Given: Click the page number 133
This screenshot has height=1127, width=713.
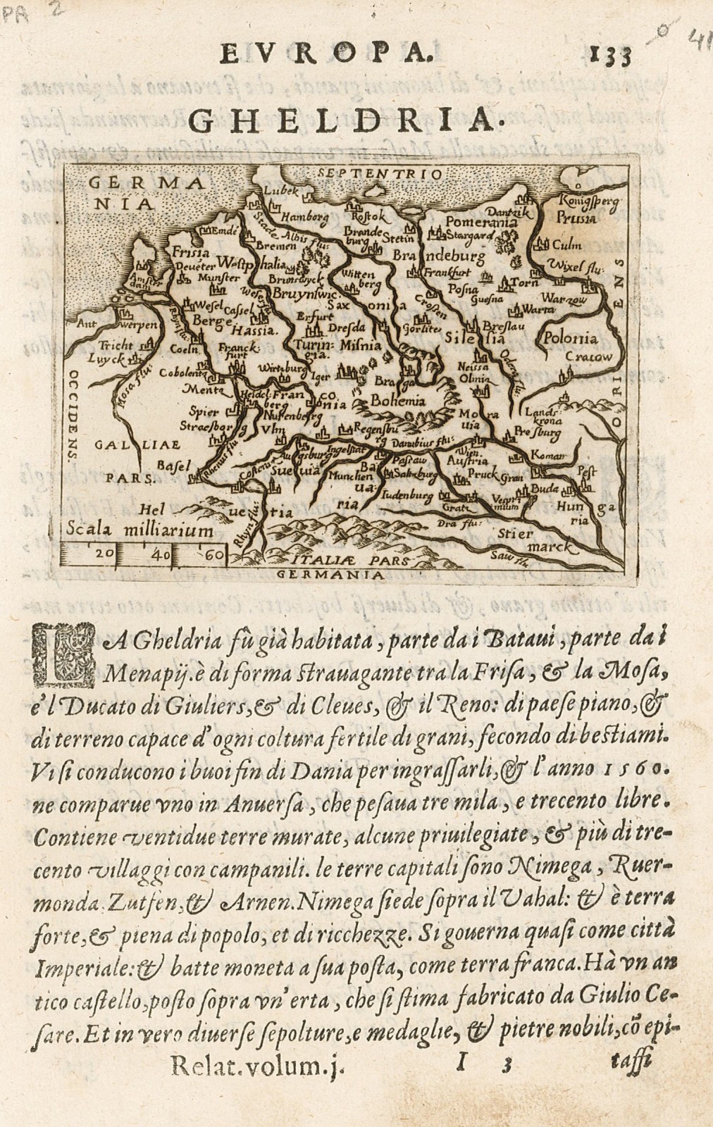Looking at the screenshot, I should click(x=605, y=56).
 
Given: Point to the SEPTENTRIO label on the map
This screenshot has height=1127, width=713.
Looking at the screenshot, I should click(x=378, y=173).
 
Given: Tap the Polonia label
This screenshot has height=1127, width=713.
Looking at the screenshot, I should click(x=569, y=337).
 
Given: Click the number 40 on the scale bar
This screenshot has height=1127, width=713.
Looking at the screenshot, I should click(x=160, y=554).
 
